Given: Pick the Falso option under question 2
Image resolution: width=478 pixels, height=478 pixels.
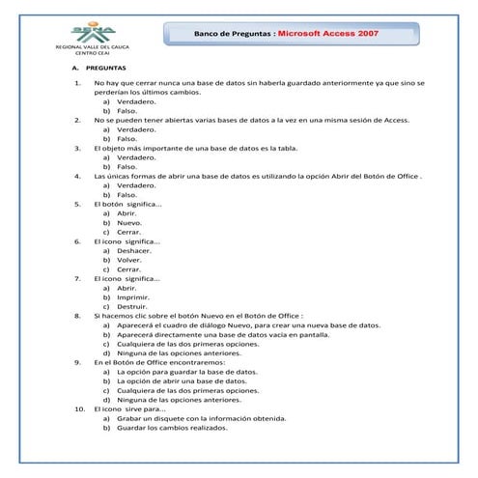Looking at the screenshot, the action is [127, 138].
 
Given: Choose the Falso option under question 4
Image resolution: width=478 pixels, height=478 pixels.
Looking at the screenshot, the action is [127, 195].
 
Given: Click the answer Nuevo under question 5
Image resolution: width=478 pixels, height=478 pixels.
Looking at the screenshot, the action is [129, 222].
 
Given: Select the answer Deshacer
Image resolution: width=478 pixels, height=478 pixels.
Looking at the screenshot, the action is [134, 250].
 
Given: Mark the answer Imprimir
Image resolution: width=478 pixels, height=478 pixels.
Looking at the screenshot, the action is [133, 297].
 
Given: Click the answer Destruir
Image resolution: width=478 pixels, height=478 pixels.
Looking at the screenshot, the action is [133, 306].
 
